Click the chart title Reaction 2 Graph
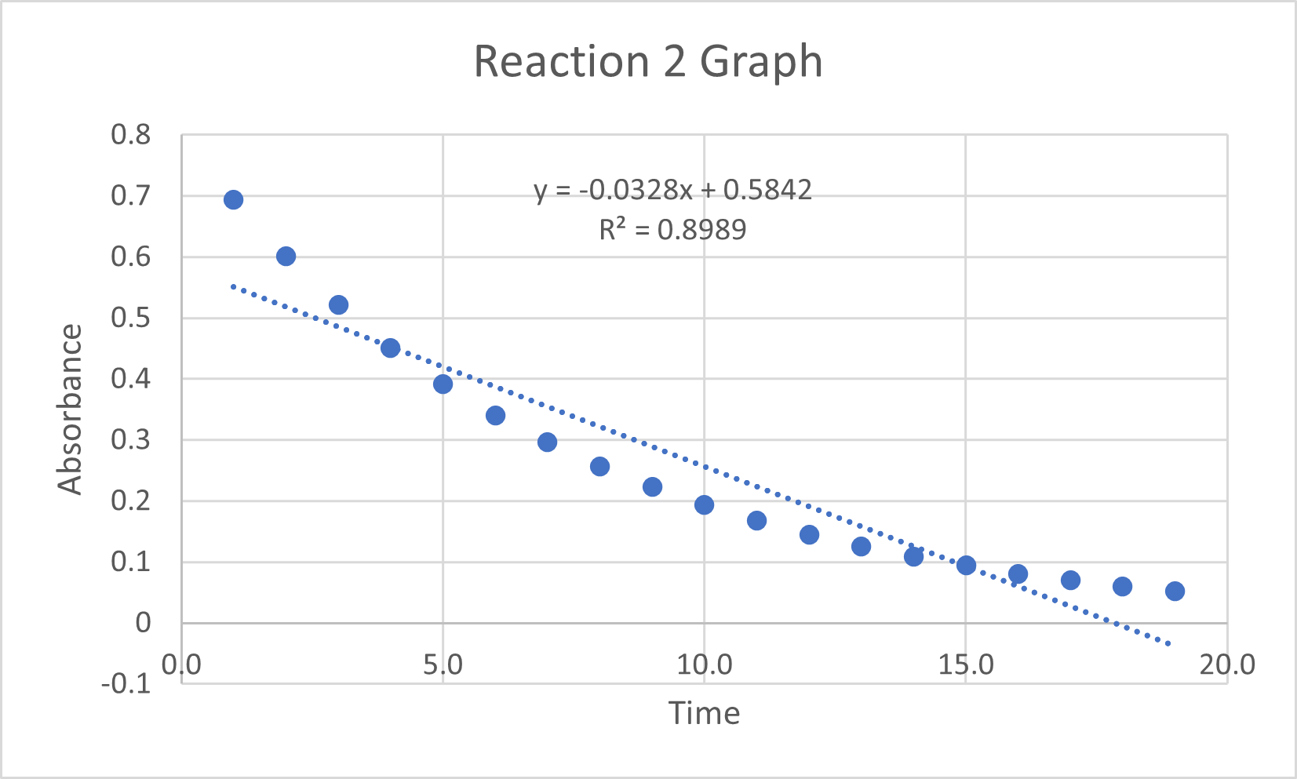point(648,61)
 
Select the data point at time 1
point(233,200)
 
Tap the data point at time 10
point(704,504)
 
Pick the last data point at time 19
point(1175,591)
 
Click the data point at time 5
point(443,384)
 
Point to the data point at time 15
point(966,565)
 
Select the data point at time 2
point(286,257)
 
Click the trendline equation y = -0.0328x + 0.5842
point(672,190)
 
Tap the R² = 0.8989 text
point(672,230)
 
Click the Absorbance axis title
point(70,409)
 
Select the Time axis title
point(704,713)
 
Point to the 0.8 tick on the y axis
point(130,135)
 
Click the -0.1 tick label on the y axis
point(126,683)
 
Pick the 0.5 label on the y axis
point(130,318)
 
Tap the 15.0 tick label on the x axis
point(966,665)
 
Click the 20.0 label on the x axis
point(1227,665)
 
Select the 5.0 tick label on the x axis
point(443,665)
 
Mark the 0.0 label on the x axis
point(181,665)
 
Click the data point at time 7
point(547,442)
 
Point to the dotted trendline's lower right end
point(1169,644)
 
